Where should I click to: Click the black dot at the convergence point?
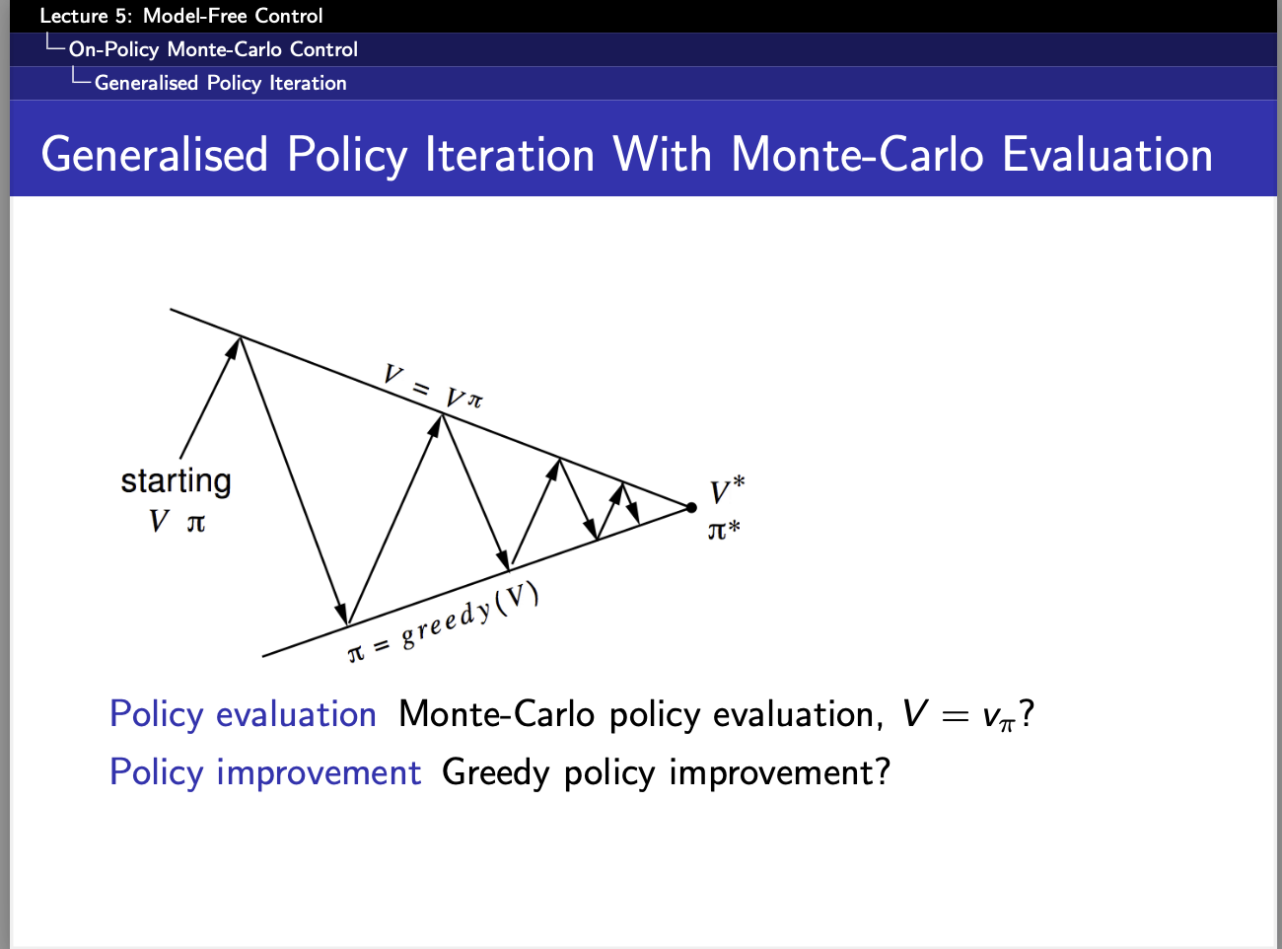[690, 508]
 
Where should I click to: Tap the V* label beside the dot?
[727, 490]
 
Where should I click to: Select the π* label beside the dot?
[724, 529]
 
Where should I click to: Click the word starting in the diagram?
[176, 481]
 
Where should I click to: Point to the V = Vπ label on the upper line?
[433, 387]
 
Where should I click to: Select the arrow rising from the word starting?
[210, 398]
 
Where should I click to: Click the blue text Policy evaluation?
[243, 714]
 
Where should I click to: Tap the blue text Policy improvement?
[265, 772]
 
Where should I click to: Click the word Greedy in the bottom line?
[495, 772]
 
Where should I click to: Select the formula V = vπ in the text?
[959, 715]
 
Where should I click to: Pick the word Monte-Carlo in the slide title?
[857, 155]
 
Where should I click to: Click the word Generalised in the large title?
[154, 155]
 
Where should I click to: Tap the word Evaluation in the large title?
[1107, 155]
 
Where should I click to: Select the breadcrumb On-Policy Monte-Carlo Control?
[213, 49]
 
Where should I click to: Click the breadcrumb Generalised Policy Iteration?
[221, 83]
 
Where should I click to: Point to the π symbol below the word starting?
[196, 524]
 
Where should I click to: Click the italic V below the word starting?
[159, 521]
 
